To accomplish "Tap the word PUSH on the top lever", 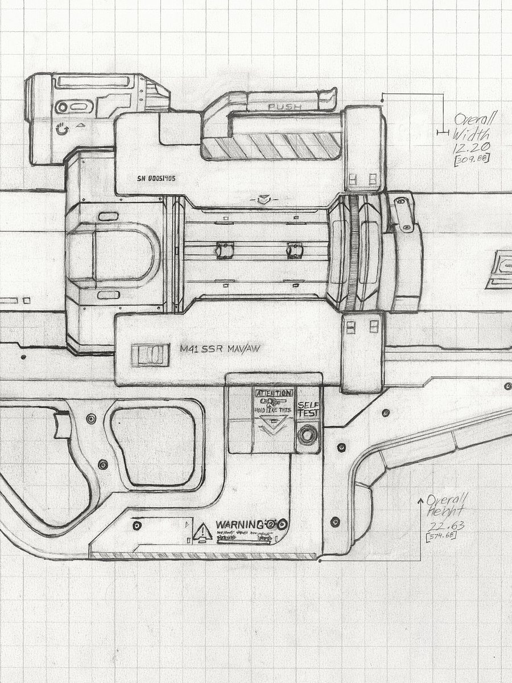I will (280, 106).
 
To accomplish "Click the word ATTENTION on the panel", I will (274, 393).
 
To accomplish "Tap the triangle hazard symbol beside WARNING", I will (202, 532).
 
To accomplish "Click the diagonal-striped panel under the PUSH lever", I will (272, 146).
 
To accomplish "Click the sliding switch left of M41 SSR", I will (150, 355).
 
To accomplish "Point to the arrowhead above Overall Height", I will (421, 500).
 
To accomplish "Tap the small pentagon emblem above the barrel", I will (262, 200).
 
